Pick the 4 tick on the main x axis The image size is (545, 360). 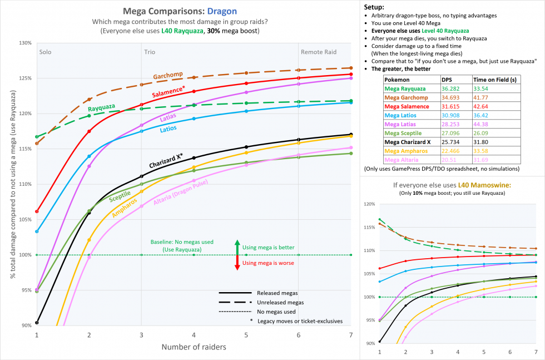[x=194, y=335]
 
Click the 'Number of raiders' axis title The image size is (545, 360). [x=194, y=347]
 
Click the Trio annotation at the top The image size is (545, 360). [x=150, y=52]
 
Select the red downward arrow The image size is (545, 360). [x=237, y=263]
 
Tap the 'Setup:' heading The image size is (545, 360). [x=376, y=7]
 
